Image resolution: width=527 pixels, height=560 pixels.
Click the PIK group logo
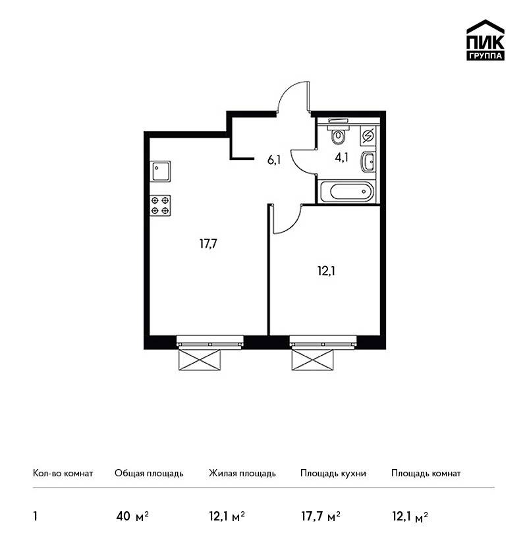coord(485,40)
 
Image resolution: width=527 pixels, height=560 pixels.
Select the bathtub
coord(347,191)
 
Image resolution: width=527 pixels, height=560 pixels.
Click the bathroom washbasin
coord(368,162)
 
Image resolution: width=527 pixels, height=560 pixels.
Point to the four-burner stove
coord(160,206)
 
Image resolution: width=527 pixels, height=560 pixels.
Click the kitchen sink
coord(160,171)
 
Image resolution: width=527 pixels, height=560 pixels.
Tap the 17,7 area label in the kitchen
coord(209,244)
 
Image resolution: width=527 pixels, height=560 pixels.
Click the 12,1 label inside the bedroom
coord(326,271)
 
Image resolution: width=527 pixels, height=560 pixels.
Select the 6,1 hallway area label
coord(274,159)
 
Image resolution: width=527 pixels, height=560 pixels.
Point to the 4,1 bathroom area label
coord(341,157)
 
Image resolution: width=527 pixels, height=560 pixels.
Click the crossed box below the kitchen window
coord(200,360)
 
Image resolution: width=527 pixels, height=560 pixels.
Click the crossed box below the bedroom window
coord(312,360)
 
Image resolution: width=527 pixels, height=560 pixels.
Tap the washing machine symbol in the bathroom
coord(368,136)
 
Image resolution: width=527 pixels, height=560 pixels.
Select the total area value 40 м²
coord(132,516)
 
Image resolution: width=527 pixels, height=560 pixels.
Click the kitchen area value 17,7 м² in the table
coord(321,516)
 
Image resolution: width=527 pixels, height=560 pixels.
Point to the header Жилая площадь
coord(242,473)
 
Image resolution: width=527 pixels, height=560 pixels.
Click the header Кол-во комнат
coord(63,473)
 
